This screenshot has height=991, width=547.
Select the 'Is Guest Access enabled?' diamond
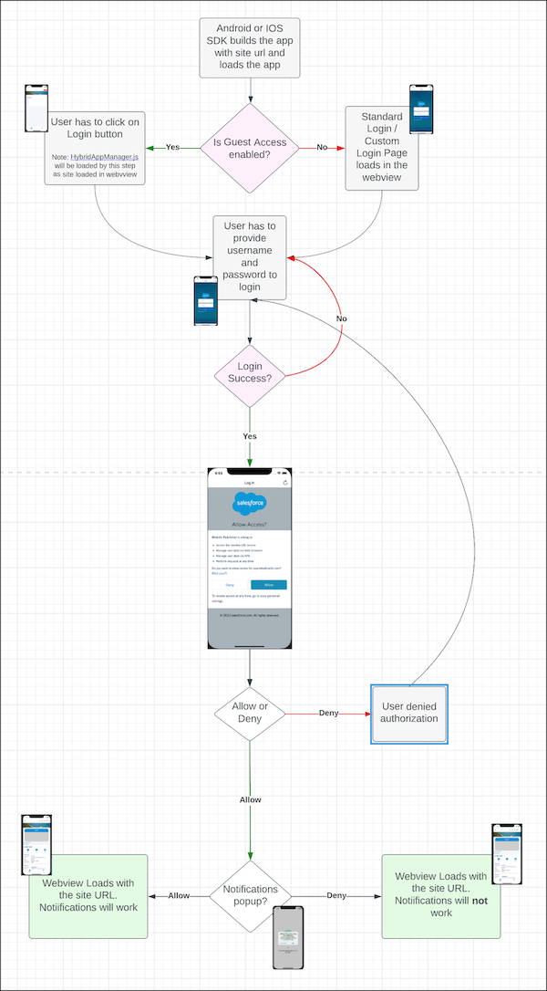(x=249, y=148)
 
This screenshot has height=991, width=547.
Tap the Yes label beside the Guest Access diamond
(x=171, y=147)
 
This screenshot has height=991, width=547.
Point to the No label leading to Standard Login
(x=322, y=147)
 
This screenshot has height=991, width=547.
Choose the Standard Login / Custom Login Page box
(x=382, y=148)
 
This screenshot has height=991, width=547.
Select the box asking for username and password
(x=249, y=257)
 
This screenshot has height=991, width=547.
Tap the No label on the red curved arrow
(x=341, y=318)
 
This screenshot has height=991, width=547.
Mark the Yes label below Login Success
(x=249, y=436)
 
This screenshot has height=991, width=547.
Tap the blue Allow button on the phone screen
(x=268, y=584)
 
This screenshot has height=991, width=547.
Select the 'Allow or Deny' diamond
(x=249, y=713)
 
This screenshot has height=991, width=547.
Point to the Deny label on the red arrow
(x=329, y=713)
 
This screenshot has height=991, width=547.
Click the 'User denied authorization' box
(x=408, y=712)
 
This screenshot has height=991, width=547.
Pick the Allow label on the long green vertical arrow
(x=250, y=799)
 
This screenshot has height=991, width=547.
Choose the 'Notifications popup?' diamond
(x=249, y=895)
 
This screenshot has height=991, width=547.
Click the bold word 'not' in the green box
(x=480, y=901)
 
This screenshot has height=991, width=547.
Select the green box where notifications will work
(x=88, y=895)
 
